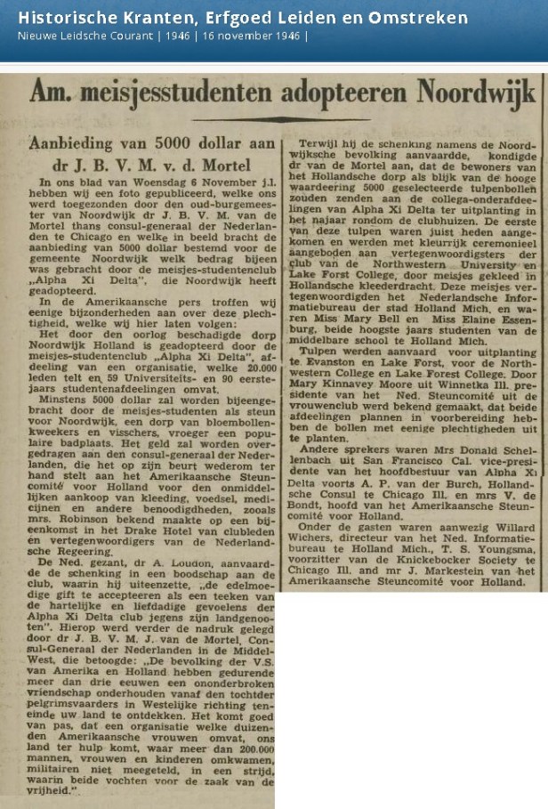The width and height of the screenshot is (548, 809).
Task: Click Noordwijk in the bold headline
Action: [x=476, y=93]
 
